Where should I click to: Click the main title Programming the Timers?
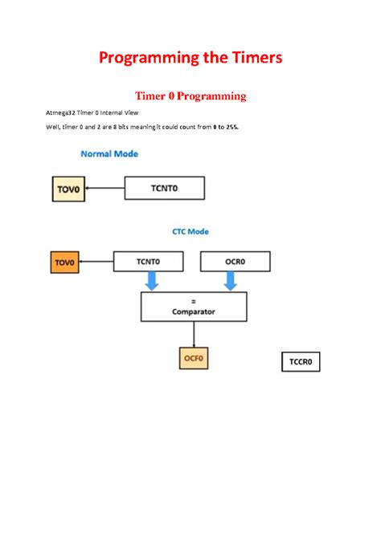190,59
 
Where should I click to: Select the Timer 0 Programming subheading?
190,96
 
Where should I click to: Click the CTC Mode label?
190,231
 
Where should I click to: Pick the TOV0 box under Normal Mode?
68,189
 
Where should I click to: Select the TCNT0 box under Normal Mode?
165,189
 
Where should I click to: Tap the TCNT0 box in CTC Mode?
148,261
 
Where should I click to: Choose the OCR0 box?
229,261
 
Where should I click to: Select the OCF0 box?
193,358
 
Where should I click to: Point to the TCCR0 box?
300,362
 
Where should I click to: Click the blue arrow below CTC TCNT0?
151,281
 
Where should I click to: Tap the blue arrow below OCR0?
230,281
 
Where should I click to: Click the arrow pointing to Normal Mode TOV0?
104,189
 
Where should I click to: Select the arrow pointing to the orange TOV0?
96,261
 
